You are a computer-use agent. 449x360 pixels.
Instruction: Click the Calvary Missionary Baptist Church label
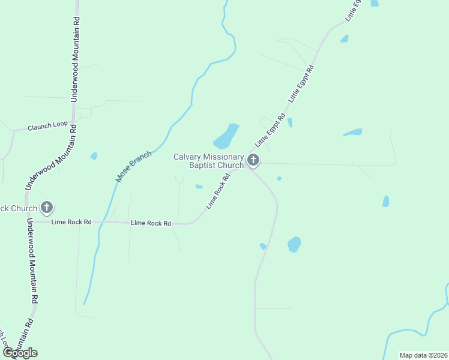click(208, 161)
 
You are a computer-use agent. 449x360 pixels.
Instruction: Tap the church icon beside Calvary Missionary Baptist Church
click(253, 160)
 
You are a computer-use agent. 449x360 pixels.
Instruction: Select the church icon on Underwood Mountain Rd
click(47, 208)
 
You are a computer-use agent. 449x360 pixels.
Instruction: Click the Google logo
click(20, 353)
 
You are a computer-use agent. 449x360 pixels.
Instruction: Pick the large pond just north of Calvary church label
click(226, 137)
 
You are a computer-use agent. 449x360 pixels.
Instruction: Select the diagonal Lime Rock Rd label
click(218, 191)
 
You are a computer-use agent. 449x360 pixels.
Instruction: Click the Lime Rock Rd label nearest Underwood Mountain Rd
click(71, 222)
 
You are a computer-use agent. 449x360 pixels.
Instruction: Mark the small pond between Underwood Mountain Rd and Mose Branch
click(94, 156)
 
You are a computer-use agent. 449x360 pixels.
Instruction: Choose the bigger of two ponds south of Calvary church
click(294, 244)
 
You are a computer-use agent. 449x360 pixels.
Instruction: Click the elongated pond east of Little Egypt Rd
click(353, 132)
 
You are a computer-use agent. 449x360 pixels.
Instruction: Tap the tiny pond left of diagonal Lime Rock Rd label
click(199, 187)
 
